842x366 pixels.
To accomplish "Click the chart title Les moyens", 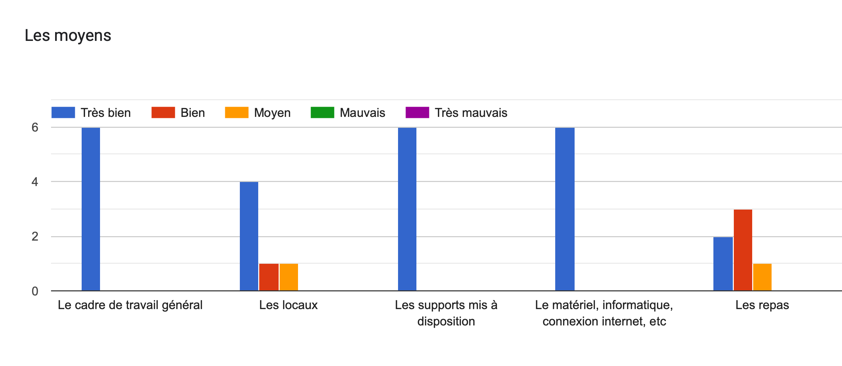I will (68, 35).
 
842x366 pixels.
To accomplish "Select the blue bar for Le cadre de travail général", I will (91, 209).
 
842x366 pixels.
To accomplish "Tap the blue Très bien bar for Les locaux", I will (249, 236).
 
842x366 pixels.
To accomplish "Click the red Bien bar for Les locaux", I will (269, 277).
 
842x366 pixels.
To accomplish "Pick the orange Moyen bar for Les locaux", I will (288, 277).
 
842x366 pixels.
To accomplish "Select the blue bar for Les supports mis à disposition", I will (407, 209).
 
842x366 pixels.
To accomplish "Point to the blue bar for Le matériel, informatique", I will (565, 209).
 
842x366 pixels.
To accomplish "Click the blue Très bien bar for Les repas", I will (723, 263).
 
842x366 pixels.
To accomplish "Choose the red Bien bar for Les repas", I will (743, 250).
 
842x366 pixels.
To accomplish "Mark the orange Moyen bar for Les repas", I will (762, 277).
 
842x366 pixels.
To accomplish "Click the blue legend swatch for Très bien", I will (63, 112).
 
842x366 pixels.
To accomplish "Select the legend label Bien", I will (193, 113).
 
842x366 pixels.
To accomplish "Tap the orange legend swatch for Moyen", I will (236, 112).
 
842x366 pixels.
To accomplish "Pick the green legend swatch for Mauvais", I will (322, 112).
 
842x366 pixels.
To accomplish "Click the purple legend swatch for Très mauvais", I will (417, 112).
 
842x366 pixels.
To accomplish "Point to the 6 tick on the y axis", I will (35, 127).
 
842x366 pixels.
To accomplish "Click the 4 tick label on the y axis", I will (35, 182).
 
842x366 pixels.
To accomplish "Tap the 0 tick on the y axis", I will (35, 291).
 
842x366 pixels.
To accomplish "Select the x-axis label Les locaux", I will (288, 305).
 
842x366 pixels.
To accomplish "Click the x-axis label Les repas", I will (762, 305).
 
